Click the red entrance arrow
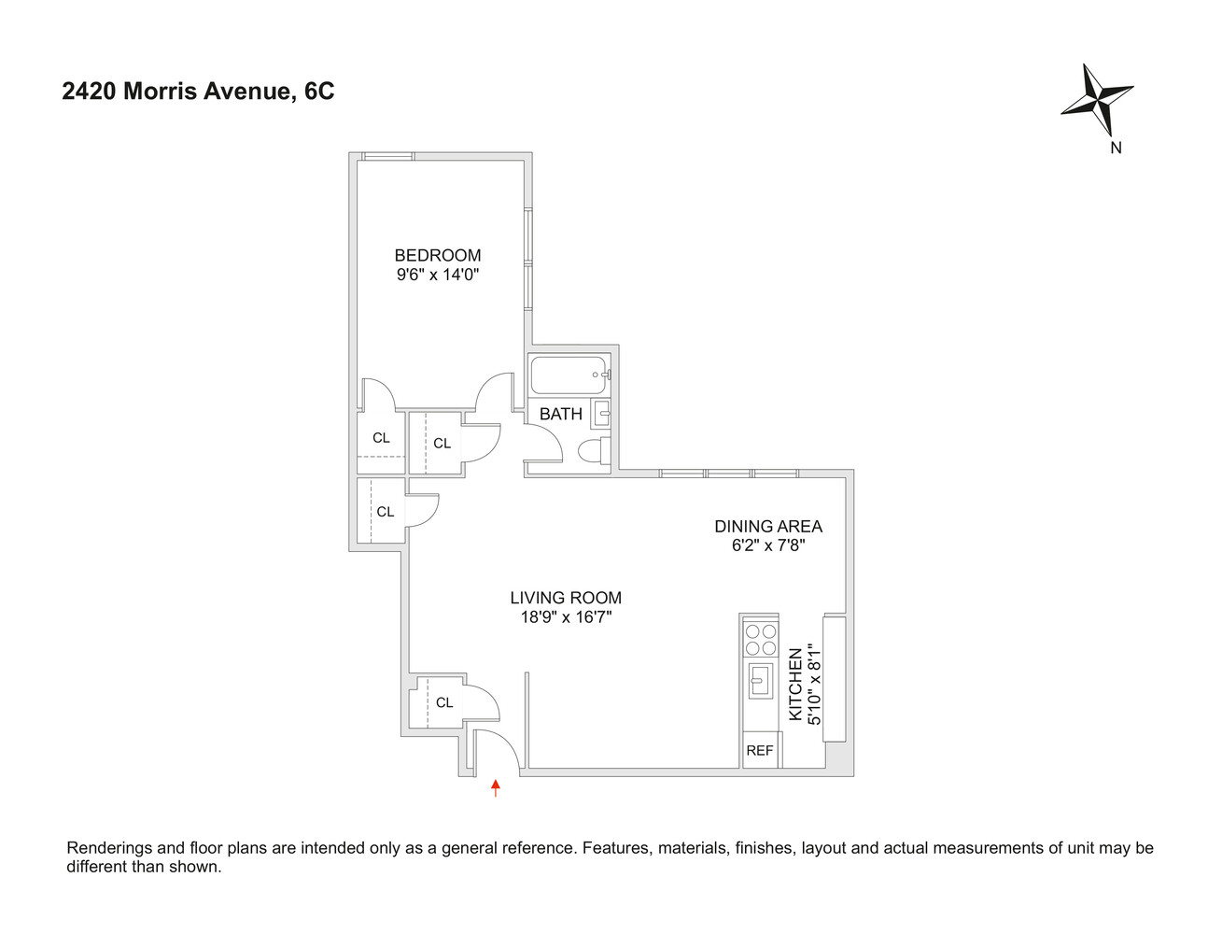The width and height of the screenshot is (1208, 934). [496, 789]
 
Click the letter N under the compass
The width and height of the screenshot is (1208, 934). [1115, 148]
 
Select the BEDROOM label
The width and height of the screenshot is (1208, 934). [437, 255]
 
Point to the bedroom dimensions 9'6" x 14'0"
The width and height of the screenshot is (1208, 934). [437, 275]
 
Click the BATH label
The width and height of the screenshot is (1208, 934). [560, 414]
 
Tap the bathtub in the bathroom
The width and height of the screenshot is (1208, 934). [569, 375]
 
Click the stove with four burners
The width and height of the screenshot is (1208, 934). [760, 638]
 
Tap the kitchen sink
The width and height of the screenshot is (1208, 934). [760, 680]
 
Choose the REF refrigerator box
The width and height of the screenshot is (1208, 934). [760, 750]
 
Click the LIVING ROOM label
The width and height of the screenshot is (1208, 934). [565, 598]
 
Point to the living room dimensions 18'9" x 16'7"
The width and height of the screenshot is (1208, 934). [565, 617]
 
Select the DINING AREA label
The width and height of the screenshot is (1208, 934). [767, 526]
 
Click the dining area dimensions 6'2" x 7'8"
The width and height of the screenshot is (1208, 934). [767, 545]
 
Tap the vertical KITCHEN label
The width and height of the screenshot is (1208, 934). [795, 685]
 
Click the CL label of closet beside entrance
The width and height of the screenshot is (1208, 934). [444, 702]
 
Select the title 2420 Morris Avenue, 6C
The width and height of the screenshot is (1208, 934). [198, 92]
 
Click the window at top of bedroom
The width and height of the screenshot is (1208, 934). [387, 156]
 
